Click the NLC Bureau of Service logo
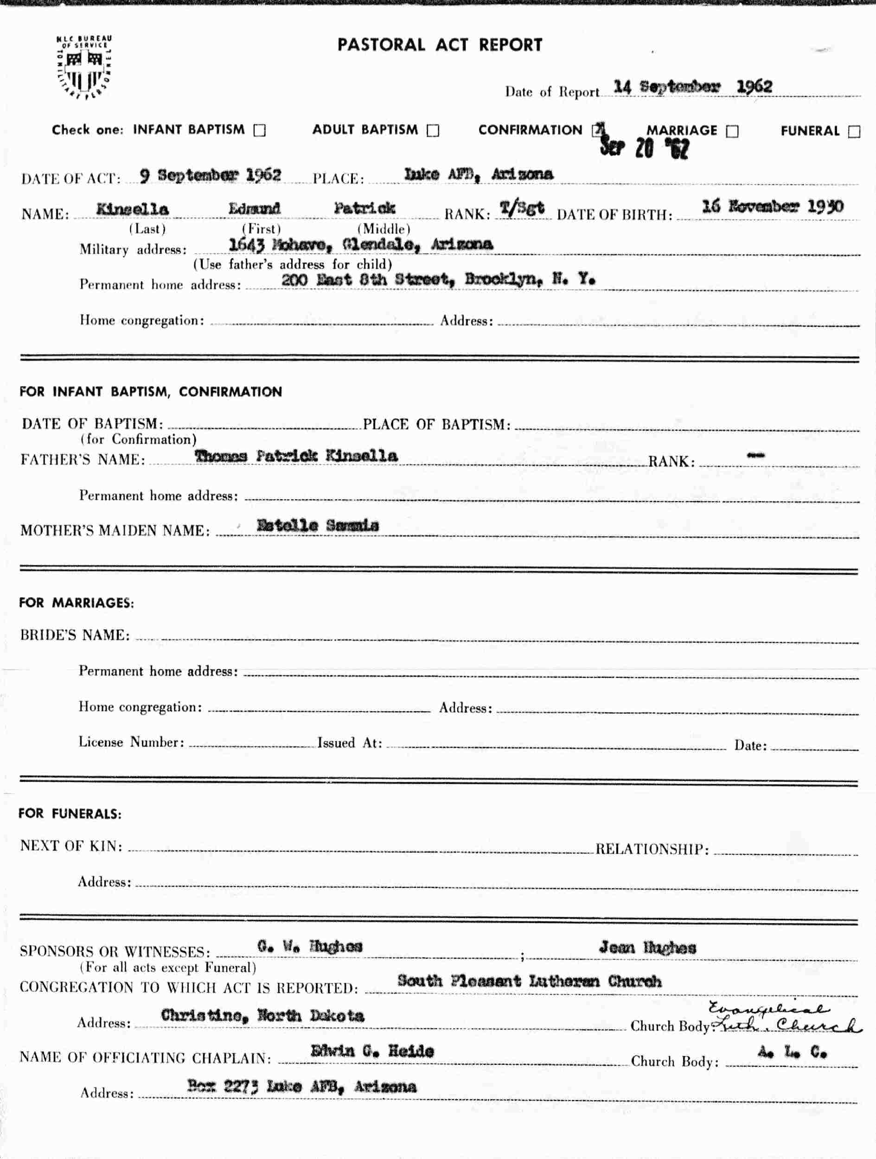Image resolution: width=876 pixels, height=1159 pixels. (84, 67)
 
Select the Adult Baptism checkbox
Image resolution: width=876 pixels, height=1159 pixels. (433, 130)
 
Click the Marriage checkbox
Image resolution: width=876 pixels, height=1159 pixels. (732, 131)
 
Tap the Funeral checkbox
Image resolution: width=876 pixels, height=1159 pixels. (854, 132)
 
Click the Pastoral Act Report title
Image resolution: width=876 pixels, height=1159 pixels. (439, 45)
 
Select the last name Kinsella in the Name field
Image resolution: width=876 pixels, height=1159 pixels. (132, 210)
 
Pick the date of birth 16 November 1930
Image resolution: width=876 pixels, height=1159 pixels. (772, 206)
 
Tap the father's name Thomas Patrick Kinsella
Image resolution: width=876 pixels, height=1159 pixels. (296, 456)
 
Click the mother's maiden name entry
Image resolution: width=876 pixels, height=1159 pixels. (318, 526)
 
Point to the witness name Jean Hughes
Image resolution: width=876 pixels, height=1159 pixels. (647, 947)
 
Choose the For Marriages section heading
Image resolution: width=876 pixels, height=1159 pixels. (77, 603)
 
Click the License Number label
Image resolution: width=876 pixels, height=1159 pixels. (131, 742)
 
